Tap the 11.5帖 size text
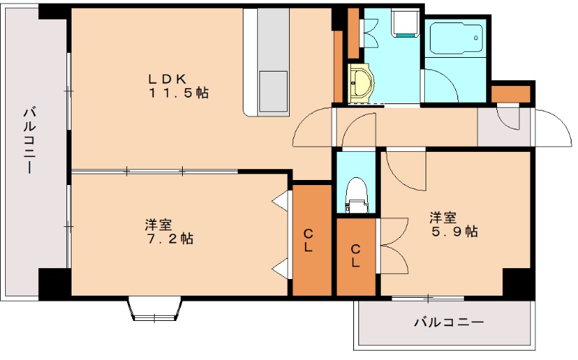point(179,93)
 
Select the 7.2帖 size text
point(168,239)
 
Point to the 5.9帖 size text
point(453,231)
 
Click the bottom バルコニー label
point(448,322)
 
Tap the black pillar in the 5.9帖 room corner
point(517,282)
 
